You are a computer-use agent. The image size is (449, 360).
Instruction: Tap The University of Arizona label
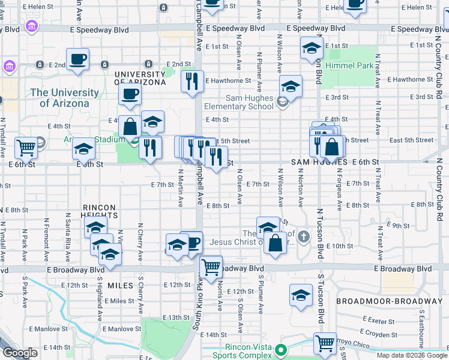[64, 98]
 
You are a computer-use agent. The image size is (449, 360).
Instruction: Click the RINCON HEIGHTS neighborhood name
[98, 211]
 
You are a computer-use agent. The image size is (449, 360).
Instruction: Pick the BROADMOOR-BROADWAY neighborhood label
[389, 301]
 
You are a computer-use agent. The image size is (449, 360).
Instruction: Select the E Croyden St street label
[378, 332]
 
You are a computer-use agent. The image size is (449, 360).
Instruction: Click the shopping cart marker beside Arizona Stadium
[26, 146]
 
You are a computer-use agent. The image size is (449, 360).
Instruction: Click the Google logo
[20, 353]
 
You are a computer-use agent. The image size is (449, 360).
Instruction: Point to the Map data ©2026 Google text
[412, 355]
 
